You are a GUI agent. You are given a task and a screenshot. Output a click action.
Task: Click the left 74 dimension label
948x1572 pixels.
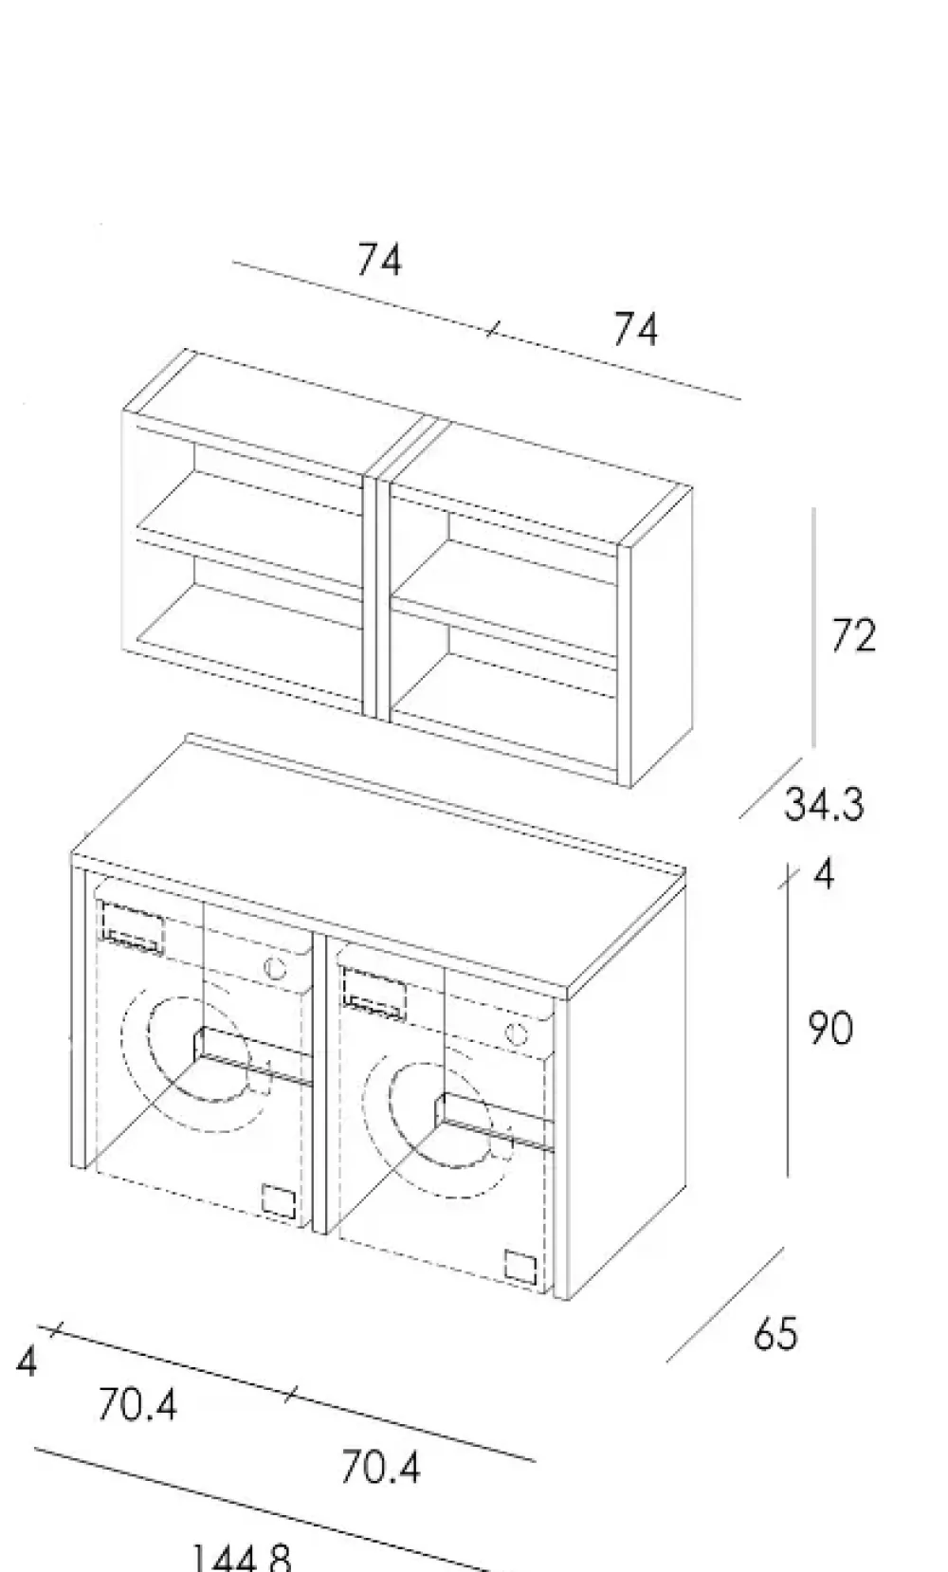click(x=379, y=260)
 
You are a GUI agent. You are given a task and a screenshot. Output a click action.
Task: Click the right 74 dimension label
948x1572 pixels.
click(x=634, y=330)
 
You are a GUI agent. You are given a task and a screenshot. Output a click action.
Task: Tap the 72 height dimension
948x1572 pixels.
click(x=852, y=635)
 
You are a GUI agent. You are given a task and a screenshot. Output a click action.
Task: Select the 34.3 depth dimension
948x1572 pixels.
click(x=824, y=805)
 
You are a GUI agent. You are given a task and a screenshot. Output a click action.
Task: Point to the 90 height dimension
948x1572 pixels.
click(x=829, y=1029)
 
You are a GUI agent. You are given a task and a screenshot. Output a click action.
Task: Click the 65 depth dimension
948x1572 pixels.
click(x=775, y=1333)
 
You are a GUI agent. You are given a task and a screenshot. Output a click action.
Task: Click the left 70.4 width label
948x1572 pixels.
click(x=137, y=1404)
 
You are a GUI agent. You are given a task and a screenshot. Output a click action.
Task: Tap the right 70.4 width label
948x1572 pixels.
click(x=380, y=1468)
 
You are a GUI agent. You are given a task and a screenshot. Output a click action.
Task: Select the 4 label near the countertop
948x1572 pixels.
click(x=824, y=874)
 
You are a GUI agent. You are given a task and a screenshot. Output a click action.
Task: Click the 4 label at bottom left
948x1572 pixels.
click(x=27, y=1362)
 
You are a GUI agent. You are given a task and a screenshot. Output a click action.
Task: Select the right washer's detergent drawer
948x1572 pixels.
click(x=374, y=992)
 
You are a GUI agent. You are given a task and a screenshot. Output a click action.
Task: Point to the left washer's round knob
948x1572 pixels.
click(x=275, y=969)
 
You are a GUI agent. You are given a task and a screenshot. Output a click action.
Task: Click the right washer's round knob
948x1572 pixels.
click(x=517, y=1033)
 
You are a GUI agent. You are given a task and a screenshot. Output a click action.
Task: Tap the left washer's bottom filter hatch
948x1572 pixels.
click(x=279, y=1199)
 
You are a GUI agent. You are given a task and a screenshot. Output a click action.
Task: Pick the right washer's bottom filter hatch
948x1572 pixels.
click(x=521, y=1266)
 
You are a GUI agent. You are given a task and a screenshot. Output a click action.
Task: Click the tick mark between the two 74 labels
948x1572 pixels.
click(x=491, y=330)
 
